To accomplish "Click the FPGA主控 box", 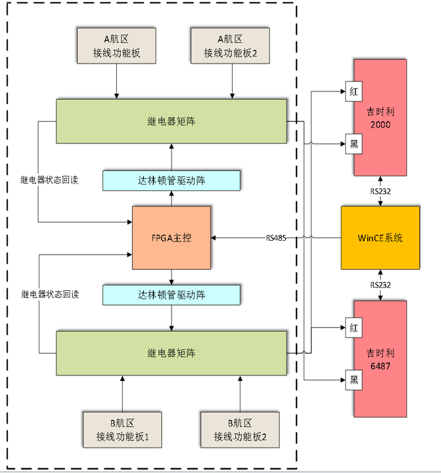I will tap(172, 237).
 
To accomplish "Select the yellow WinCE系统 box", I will tap(380, 237).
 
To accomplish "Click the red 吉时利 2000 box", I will tap(381, 118).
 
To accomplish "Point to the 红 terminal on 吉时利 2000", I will tap(354, 93).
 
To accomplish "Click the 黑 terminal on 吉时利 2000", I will tap(354, 145).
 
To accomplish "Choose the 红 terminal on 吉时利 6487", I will tap(354, 327).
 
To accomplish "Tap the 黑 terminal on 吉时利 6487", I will tap(354, 378).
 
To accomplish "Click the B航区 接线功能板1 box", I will tap(122, 430).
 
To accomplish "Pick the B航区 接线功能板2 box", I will tap(240, 430).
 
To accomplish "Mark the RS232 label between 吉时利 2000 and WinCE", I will tap(381, 192).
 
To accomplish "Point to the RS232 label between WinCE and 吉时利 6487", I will tap(381, 285).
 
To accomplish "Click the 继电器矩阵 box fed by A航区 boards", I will tap(172, 121).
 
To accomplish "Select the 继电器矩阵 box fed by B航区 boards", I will tap(172, 353).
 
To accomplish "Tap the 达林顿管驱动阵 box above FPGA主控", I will tap(172, 180).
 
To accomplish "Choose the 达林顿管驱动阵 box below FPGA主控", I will tap(172, 295).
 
